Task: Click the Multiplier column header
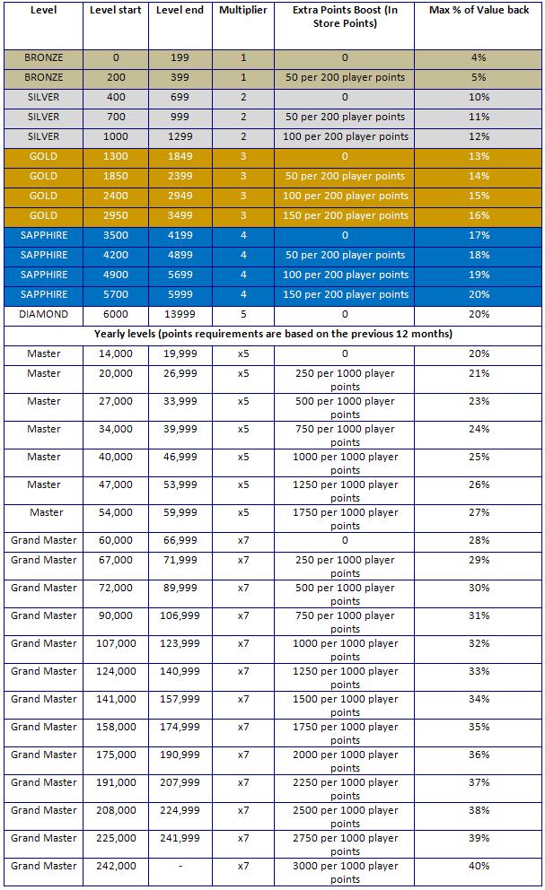click(242, 10)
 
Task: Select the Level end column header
click(180, 10)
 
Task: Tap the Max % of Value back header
click(479, 10)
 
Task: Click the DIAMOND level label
click(43, 314)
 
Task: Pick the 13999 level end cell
click(180, 314)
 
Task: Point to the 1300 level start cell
click(115, 156)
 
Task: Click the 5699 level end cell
click(180, 275)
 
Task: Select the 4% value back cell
click(479, 57)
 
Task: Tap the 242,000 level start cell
click(116, 866)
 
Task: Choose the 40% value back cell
click(479, 866)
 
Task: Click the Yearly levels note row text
click(273, 334)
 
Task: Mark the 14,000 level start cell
click(115, 353)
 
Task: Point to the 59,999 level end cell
click(180, 512)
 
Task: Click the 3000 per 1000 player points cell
click(345, 872)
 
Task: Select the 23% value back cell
click(479, 401)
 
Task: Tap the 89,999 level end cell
click(180, 588)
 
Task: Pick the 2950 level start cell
click(115, 215)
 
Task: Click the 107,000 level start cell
click(116, 643)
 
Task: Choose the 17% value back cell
click(479, 235)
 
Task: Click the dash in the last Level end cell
click(180, 866)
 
